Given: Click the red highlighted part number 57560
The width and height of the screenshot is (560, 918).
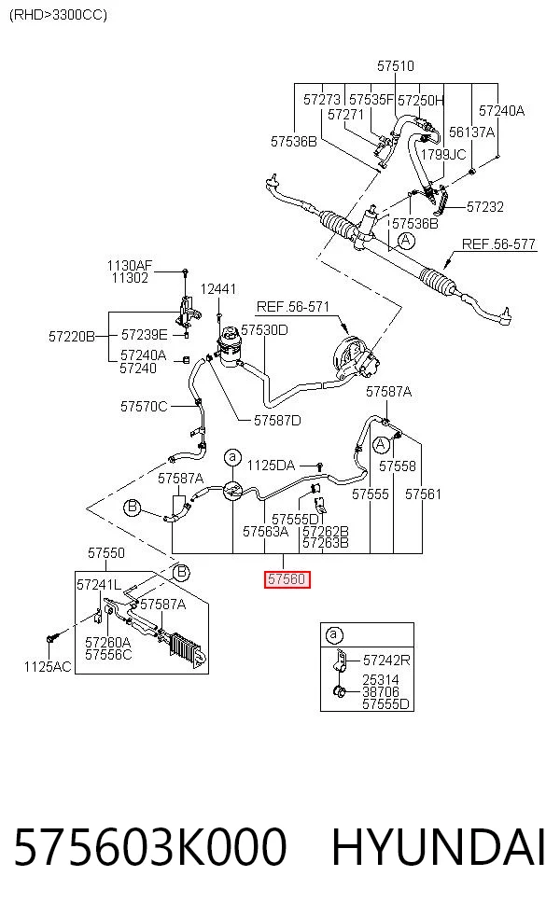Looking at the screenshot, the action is point(287,579).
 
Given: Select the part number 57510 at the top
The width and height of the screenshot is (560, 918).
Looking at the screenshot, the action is point(396,65).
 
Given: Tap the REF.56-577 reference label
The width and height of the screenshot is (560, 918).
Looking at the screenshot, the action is point(498,244).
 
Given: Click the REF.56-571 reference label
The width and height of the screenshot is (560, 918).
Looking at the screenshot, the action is point(293,307).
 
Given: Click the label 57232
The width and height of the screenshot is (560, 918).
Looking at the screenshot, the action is point(485,207).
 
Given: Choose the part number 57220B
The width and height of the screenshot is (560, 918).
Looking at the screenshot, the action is point(72,336).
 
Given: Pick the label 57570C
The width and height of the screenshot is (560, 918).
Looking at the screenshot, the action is point(144,407).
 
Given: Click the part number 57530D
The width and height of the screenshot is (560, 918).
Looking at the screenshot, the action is point(264,330).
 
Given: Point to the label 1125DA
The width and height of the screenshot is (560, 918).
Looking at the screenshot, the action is point(271,466).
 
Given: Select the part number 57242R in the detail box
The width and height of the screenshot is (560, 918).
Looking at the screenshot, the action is point(386,661).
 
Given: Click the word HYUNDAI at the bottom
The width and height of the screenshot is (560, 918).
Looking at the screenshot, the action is point(439,847).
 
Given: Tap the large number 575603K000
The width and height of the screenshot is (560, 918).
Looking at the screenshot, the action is point(150,847).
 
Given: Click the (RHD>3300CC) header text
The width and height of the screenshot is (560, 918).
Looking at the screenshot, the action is point(58,15).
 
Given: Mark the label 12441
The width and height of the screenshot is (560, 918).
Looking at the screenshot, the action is point(217,288).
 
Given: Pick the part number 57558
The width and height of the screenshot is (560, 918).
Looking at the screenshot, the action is point(398,466).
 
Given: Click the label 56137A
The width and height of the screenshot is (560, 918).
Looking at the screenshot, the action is point(471,132).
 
